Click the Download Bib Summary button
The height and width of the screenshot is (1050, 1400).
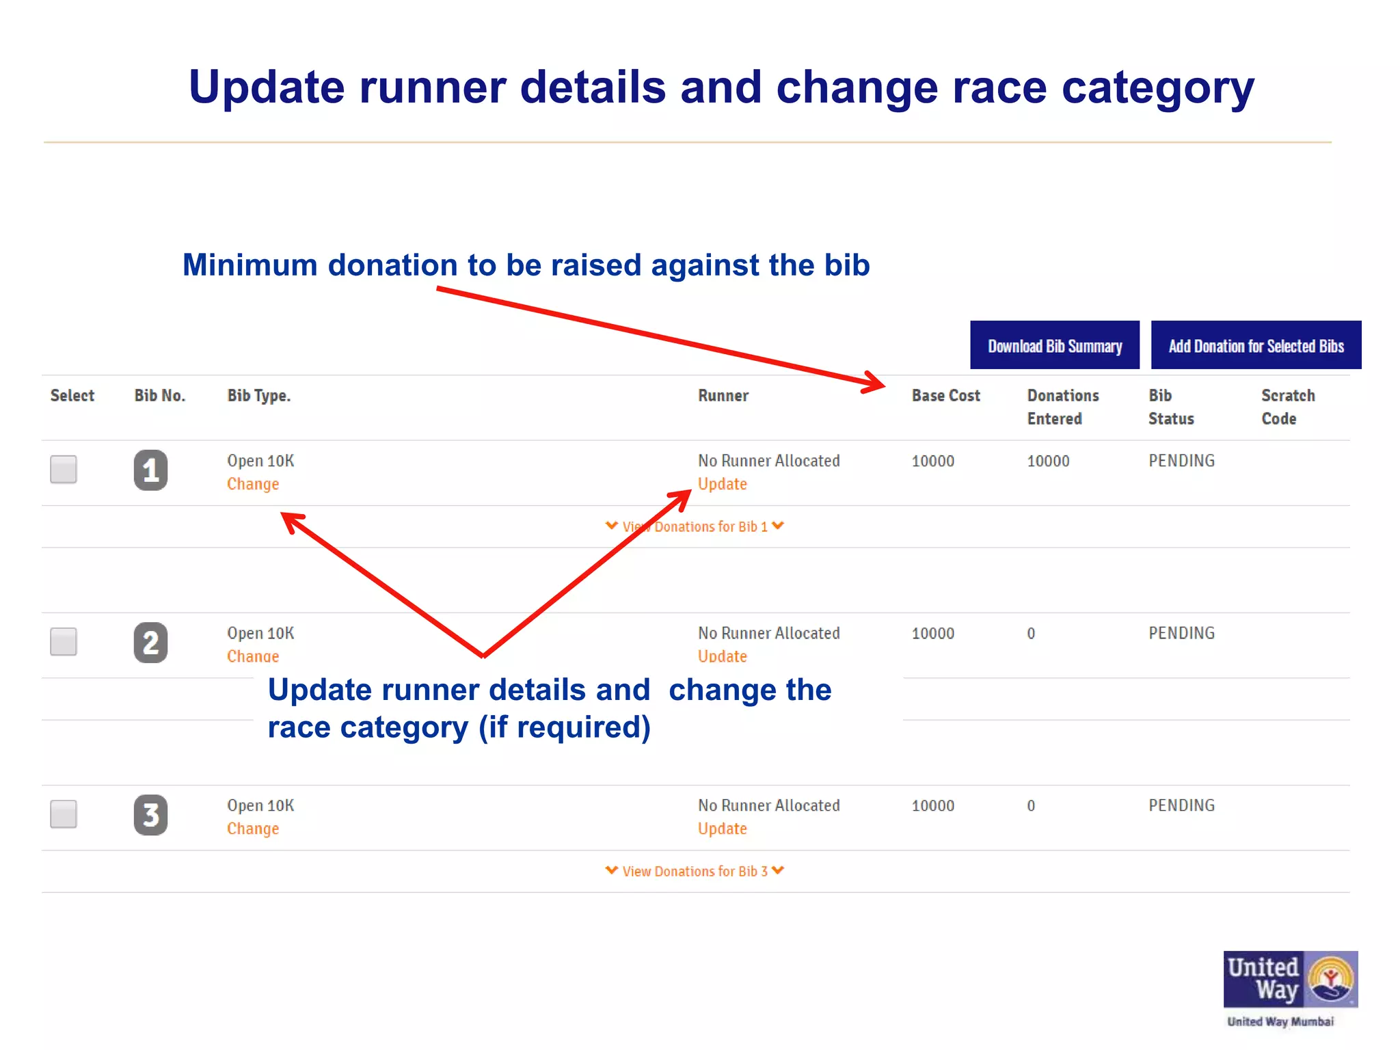(1054, 345)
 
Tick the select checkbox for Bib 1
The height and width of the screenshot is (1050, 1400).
(64, 470)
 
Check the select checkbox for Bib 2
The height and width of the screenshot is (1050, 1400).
(64, 642)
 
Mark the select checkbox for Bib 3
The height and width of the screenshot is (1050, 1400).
(64, 814)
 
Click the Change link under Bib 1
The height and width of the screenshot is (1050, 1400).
(253, 484)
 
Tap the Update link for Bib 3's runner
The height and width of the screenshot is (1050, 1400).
(722, 829)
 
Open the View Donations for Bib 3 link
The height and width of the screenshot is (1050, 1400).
(695, 872)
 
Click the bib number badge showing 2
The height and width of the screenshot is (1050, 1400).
(150, 643)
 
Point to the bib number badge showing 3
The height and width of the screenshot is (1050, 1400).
(150, 815)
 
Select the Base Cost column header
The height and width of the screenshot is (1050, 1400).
(945, 396)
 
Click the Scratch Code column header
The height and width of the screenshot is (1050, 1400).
(1288, 407)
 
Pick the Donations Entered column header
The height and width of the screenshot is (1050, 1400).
(1062, 407)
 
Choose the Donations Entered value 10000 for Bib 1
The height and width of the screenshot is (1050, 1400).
(1048, 461)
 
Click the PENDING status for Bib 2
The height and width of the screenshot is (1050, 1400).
(1181, 634)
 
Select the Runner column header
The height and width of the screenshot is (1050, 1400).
(723, 396)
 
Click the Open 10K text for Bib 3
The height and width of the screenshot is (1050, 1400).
(260, 806)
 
